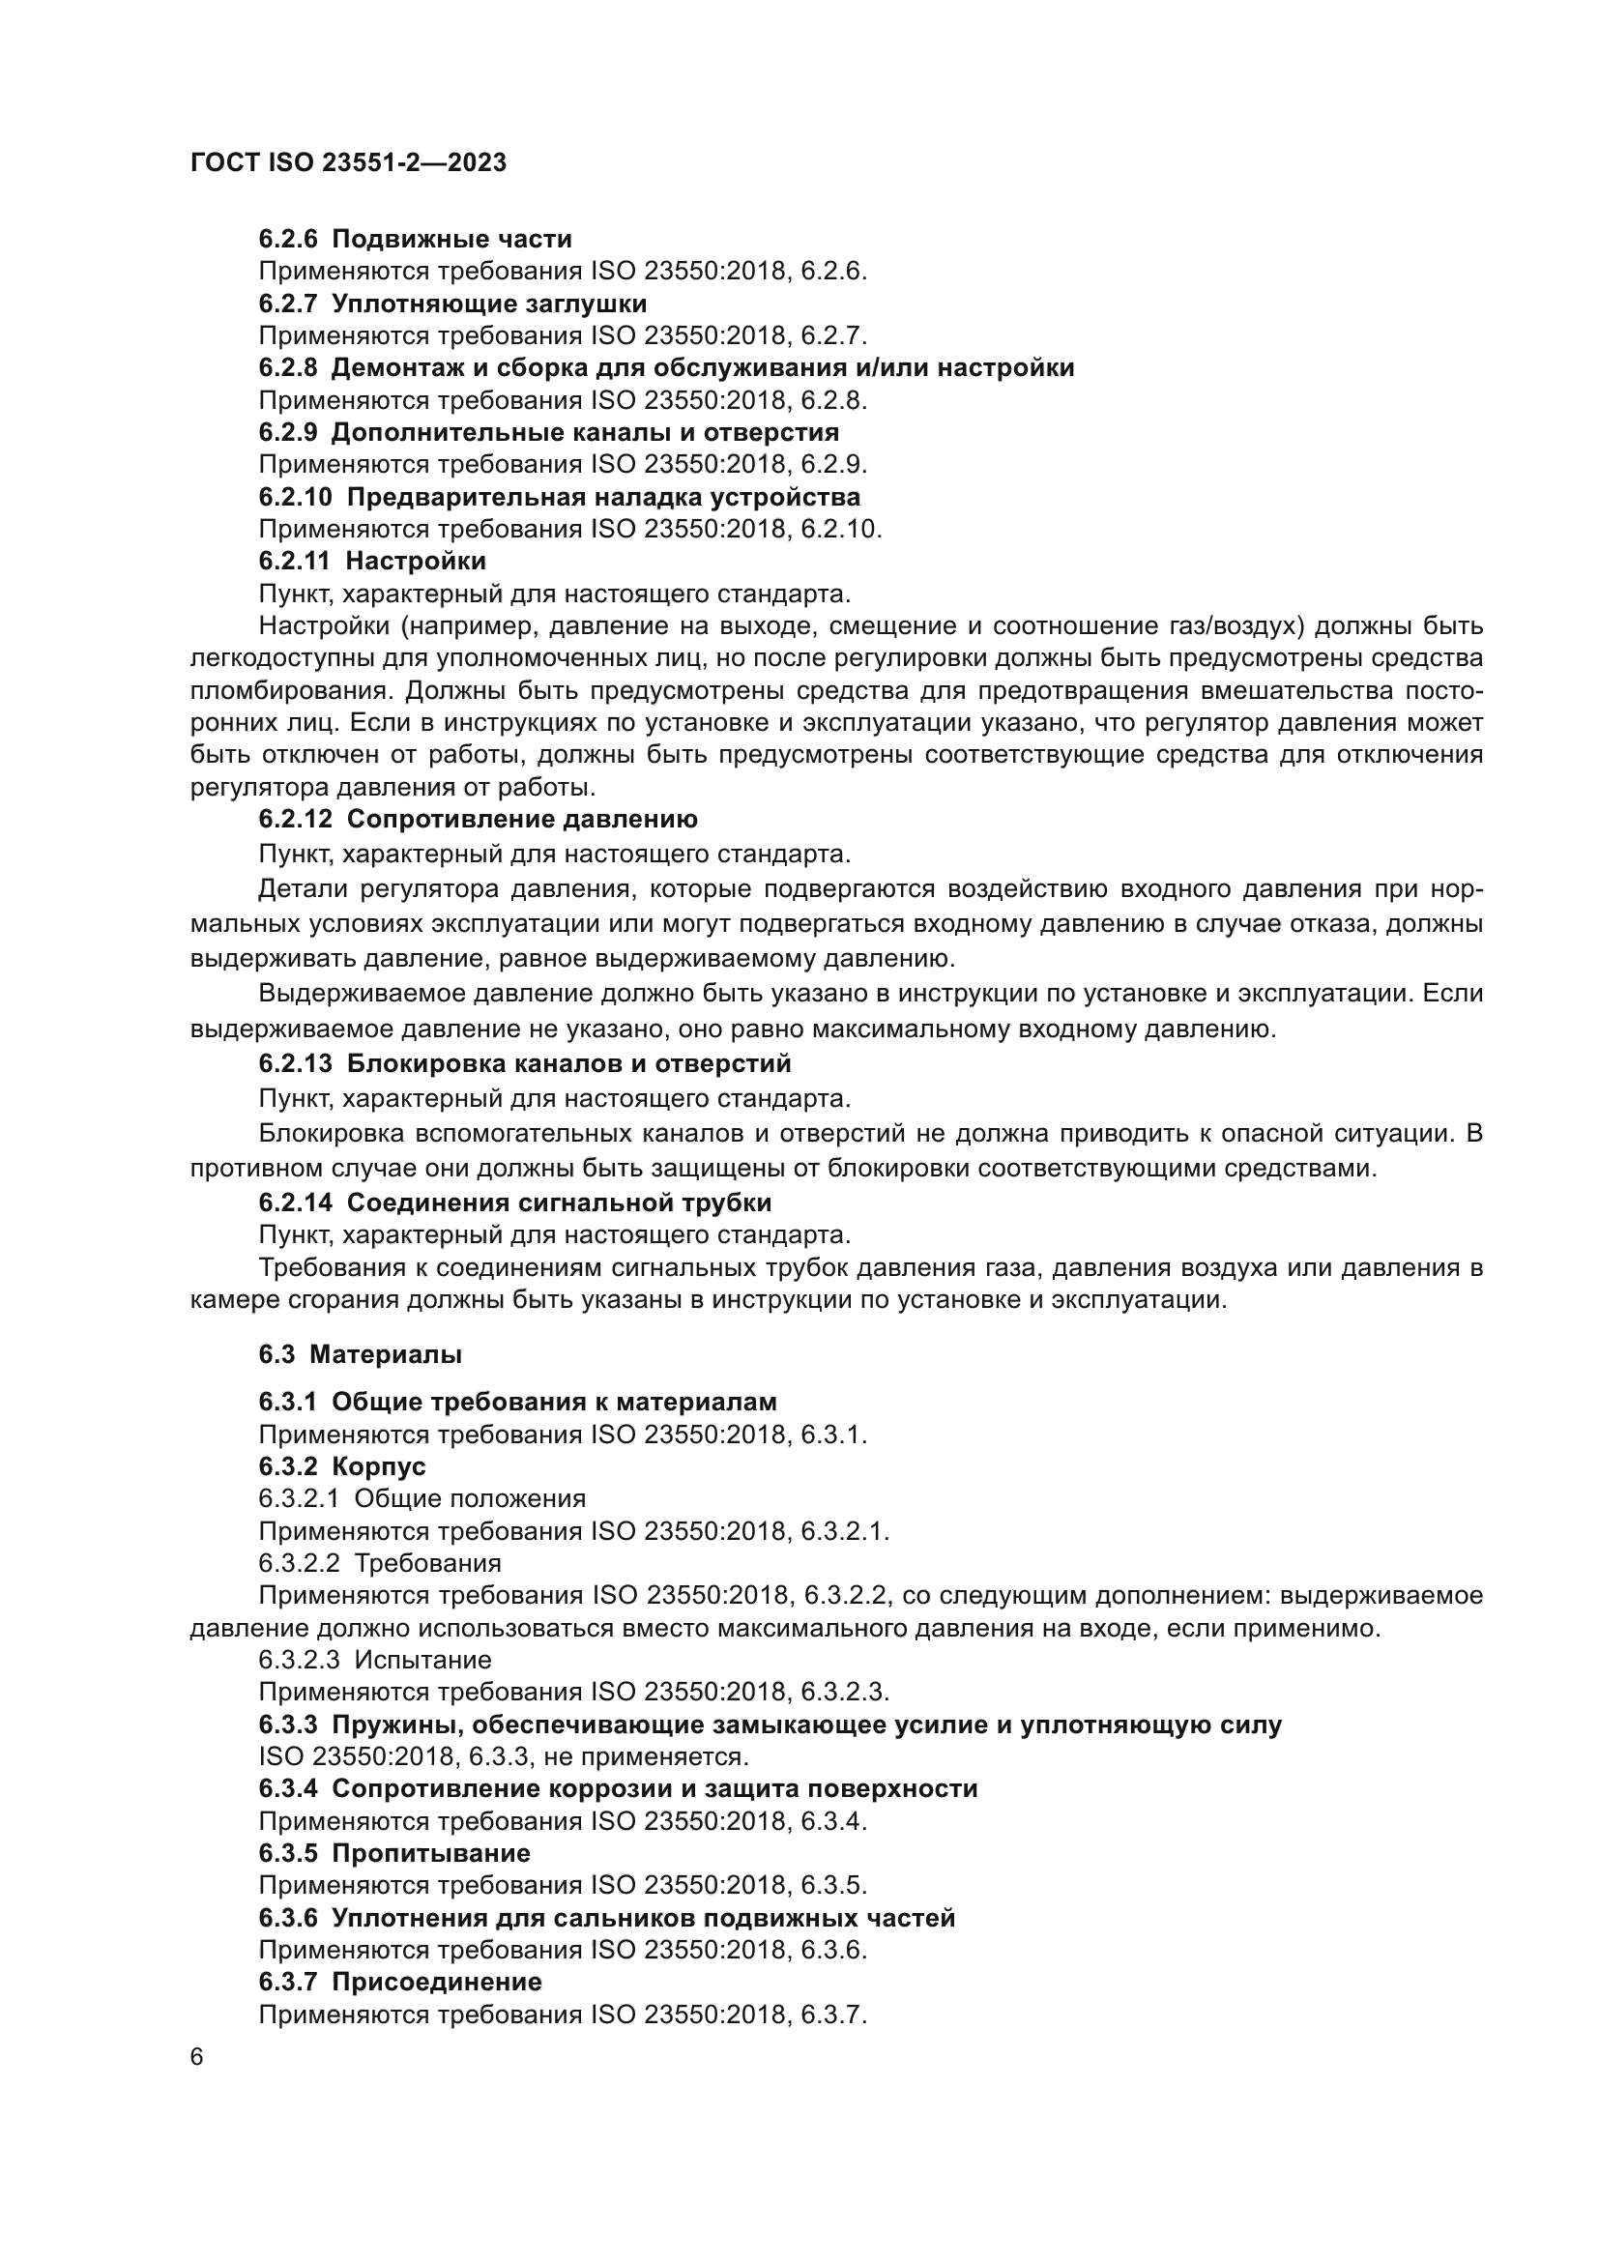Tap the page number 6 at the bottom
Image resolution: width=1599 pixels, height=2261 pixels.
point(197,2058)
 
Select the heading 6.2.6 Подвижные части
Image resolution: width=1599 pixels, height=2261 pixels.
point(415,240)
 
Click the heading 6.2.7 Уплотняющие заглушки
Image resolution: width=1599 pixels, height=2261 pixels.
point(452,304)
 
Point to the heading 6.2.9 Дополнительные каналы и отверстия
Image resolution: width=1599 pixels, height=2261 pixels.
point(548,432)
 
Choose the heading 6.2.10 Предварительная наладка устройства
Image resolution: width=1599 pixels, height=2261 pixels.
point(559,496)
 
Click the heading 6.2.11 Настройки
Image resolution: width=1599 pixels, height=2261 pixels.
point(372,562)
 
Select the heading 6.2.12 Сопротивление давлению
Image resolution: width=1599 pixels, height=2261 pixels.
point(478,820)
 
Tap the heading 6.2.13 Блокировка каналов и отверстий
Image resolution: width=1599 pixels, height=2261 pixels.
point(525,1063)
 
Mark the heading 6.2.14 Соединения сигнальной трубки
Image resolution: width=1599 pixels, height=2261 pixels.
point(515,1203)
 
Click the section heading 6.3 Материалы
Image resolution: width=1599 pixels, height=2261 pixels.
point(361,1355)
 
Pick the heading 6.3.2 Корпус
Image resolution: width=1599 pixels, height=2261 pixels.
point(341,1466)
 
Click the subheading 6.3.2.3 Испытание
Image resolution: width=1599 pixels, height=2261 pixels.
point(374,1661)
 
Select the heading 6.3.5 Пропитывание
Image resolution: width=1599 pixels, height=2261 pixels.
point(393,1853)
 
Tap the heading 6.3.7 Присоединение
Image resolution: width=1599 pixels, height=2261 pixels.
point(400,1982)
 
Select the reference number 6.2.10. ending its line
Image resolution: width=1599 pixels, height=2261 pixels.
point(841,529)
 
